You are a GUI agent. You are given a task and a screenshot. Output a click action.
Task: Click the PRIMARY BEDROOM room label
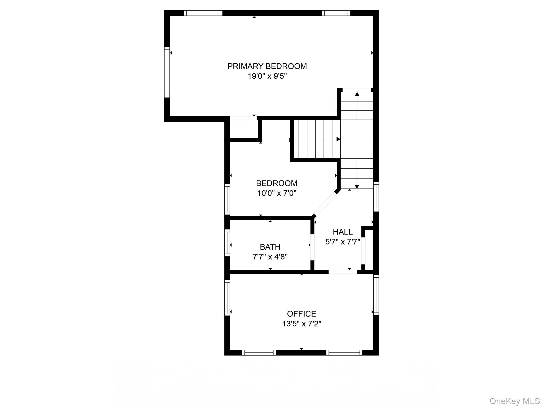tap(267, 66)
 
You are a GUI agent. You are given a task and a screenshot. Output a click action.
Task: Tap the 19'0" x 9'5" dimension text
tap(267, 76)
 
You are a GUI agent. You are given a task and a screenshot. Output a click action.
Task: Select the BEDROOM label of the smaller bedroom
tap(277, 183)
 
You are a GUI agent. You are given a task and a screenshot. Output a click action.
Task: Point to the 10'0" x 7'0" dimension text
tap(277, 193)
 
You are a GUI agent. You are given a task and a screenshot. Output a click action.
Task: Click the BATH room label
tap(270, 247)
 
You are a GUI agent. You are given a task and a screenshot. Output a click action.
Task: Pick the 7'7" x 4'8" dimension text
tap(270, 257)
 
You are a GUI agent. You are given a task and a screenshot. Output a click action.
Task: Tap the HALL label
tap(343, 232)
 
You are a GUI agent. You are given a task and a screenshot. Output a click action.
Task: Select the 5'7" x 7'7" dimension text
tap(343, 242)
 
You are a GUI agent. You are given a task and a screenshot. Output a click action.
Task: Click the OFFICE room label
tap(301, 314)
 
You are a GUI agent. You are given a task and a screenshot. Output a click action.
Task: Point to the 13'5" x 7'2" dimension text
tap(301, 324)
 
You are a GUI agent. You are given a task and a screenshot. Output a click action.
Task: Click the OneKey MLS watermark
tap(515, 401)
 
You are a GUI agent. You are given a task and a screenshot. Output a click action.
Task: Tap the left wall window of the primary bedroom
tap(167, 72)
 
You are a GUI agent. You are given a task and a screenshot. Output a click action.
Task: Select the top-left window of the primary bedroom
tap(203, 13)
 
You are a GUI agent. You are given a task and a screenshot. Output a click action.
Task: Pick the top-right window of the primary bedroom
tap(336, 13)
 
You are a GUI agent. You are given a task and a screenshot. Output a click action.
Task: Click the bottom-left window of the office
tap(259, 352)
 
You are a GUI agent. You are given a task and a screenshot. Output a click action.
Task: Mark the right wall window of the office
tap(376, 295)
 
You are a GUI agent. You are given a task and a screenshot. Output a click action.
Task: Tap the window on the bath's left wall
tap(227, 243)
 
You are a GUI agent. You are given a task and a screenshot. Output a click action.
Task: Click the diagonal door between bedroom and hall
tap(325, 203)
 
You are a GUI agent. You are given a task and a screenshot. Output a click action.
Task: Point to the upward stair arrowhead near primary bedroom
tap(357, 94)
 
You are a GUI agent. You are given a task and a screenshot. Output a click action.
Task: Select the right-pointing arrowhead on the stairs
tap(338, 139)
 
